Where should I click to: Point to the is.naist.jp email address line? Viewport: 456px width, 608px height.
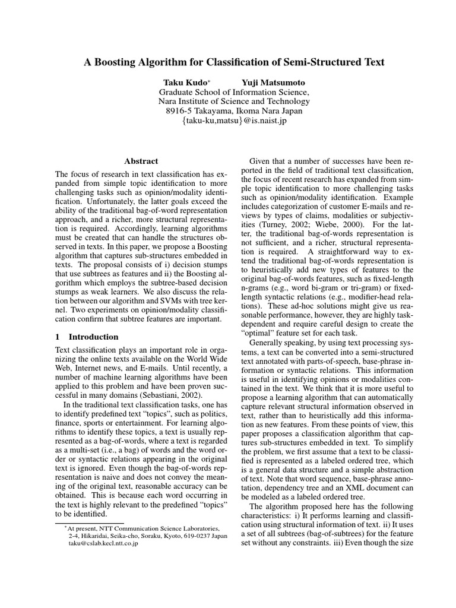[234, 121]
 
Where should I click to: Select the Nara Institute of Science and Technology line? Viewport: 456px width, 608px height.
[234, 101]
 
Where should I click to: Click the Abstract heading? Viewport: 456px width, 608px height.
[141, 161]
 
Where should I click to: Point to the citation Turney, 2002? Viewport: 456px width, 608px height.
[290, 226]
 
